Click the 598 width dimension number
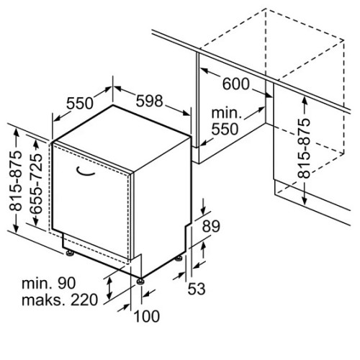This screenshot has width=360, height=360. pyautogui.click(x=149, y=101)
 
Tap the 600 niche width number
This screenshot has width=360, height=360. pyautogui.click(x=236, y=84)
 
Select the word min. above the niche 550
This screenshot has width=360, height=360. pyautogui.click(x=226, y=113)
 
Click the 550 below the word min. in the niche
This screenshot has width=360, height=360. pyautogui.click(x=225, y=129)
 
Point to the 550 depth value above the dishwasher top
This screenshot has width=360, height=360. pyautogui.click(x=80, y=103)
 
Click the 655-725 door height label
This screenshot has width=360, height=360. pyautogui.click(x=37, y=184)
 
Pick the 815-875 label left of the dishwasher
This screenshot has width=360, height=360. pyautogui.click(x=15, y=181)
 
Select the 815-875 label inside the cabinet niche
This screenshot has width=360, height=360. pyautogui.click(x=304, y=148)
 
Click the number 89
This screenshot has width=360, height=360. pyautogui.click(x=211, y=226)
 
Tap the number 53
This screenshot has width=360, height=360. pyautogui.click(x=197, y=289)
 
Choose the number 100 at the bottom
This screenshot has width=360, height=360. pyautogui.click(x=147, y=316)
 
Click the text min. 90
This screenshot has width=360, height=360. pyautogui.click(x=49, y=283)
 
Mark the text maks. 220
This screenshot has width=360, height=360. pyautogui.click(x=60, y=300)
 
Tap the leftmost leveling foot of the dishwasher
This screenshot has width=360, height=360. pyautogui.click(x=70, y=253)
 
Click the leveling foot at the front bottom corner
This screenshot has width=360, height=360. pyautogui.click(x=140, y=281)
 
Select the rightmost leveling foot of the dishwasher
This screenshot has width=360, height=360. pyautogui.click(x=179, y=258)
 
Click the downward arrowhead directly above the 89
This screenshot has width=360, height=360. pyautogui.click(x=203, y=210)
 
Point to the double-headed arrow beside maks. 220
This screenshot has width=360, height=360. pyautogui.click(x=109, y=287)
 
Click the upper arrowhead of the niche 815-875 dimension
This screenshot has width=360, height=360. pyautogui.click(x=305, y=100)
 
